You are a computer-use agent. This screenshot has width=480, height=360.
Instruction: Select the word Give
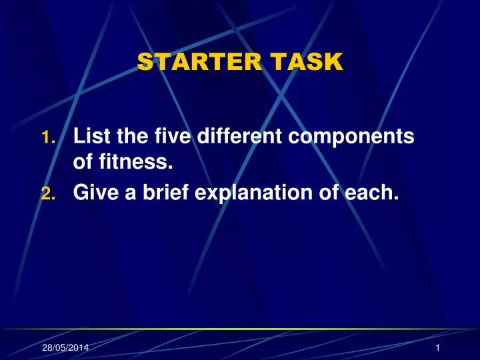pos(93,193)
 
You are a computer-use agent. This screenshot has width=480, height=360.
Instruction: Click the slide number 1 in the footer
pos(436,349)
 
